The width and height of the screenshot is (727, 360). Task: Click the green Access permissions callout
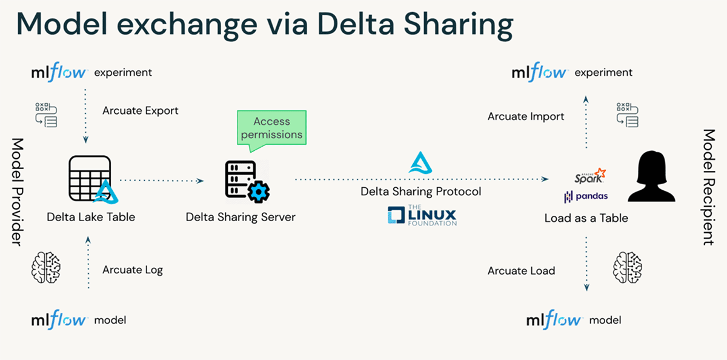272,127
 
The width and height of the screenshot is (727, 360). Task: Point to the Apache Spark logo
589,176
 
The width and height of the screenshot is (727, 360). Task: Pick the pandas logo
586,196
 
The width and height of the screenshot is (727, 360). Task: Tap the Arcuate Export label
141,111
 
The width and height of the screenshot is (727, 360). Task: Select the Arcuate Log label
133,270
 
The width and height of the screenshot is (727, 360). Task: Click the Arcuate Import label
526,116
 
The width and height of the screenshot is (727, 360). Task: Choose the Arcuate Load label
521,271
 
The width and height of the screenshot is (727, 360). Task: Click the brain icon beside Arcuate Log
46,267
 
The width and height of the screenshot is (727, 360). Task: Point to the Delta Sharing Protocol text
421,192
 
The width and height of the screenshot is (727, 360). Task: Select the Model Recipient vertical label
709,187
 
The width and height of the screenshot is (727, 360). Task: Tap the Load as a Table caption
586,218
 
